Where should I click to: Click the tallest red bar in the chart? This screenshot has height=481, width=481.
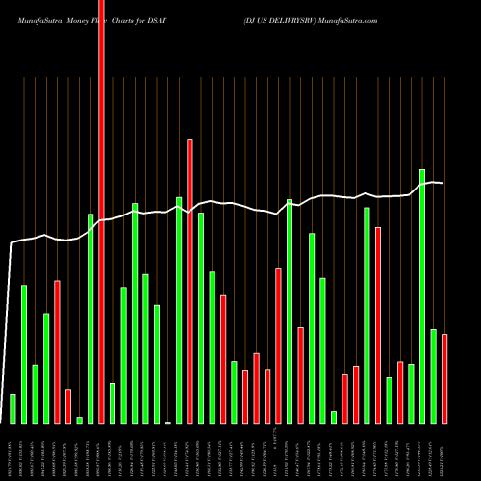click(101, 212)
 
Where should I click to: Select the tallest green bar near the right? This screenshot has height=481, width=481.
click(422, 296)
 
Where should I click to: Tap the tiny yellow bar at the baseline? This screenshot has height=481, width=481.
click(168, 422)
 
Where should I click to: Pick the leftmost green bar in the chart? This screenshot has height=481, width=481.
click(13, 409)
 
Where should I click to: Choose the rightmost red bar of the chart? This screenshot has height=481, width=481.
click(444, 379)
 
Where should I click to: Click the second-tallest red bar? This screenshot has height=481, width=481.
click(190, 281)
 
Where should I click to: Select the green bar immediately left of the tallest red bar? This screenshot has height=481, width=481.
click(90, 318)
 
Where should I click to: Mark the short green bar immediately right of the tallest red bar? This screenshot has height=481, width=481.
click(113, 403)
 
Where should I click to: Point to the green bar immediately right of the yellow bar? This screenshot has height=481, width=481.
click(179, 310)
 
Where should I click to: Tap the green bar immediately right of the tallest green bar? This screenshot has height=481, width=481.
click(434, 376)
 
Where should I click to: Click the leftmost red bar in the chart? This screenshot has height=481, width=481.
click(57, 352)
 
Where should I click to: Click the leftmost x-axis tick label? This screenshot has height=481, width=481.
click(13, 452)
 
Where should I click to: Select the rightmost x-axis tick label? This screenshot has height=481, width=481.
click(444, 452)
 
